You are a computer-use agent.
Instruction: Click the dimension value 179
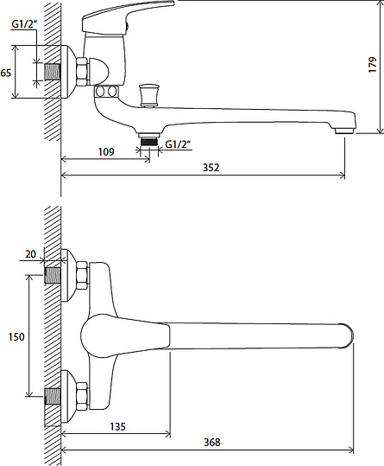[x=372, y=65]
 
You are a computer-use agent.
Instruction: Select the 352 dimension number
[x=211, y=168]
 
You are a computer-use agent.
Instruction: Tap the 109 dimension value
[x=106, y=152]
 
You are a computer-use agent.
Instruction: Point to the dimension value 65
[x=6, y=73]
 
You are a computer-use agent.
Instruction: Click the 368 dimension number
[x=212, y=443]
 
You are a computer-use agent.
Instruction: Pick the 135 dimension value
[x=117, y=427]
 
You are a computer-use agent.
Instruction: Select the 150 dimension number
[x=16, y=336]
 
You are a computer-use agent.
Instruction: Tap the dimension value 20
[x=30, y=254]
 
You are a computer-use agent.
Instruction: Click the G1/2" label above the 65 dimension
[x=24, y=24]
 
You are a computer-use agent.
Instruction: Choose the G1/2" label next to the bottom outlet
[x=178, y=144]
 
